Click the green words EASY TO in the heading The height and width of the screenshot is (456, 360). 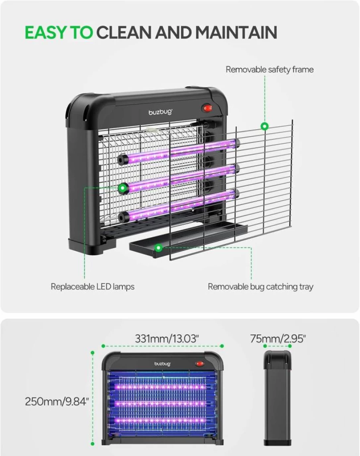[59, 32]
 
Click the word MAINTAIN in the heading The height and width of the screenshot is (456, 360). [236, 32]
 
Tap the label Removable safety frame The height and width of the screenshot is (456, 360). [270, 69]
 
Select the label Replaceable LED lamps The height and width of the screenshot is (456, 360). [92, 287]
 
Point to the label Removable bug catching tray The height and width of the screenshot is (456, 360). [260, 287]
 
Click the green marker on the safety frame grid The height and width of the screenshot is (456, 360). [264, 126]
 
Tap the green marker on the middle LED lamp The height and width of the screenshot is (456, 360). [123, 188]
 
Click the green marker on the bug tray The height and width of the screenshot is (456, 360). [159, 248]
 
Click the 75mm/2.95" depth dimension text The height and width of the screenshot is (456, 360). [278, 338]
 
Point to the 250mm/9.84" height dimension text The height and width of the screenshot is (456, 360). [57, 402]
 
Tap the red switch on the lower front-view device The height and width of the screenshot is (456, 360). [199, 364]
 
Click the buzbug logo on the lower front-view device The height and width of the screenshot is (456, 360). [163, 364]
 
